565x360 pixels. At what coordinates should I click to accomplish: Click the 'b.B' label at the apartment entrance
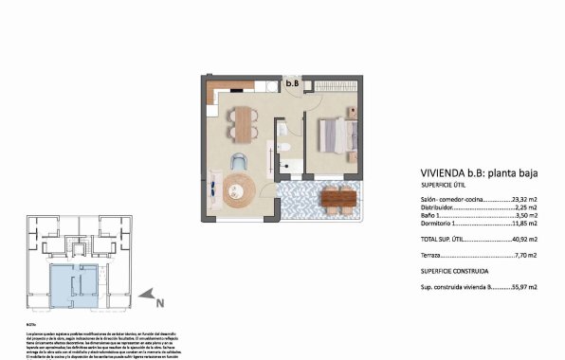(294, 82)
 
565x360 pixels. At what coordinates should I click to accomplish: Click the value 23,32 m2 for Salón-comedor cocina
(524, 200)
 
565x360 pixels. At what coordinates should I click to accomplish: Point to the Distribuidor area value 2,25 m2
(527, 208)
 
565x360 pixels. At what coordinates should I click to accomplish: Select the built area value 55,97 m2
(524, 286)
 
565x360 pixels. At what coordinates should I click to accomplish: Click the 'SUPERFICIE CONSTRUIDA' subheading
(454, 271)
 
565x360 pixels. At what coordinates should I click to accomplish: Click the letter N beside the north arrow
(161, 303)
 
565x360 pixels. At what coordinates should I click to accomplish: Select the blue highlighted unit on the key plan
(72, 283)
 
